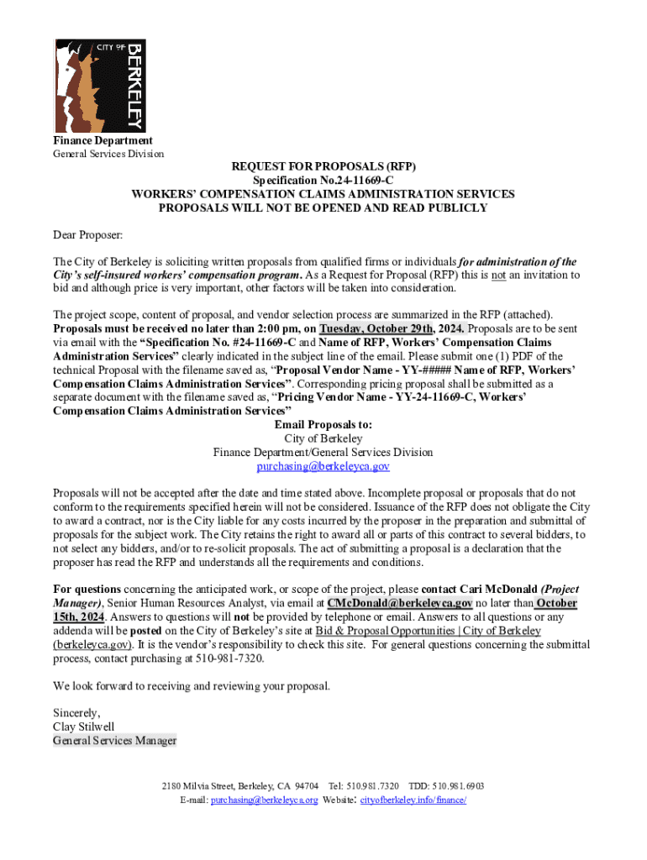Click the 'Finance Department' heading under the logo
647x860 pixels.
tap(103, 140)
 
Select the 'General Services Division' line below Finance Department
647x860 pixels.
tap(108, 154)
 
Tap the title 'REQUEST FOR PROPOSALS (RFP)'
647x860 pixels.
tap(323, 166)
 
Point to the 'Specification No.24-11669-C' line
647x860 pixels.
tap(323, 181)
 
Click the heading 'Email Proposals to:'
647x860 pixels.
tap(323, 425)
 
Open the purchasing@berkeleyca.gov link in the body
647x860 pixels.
tap(323, 466)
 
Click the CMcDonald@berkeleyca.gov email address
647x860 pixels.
tap(399, 603)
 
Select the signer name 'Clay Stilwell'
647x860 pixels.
tap(83, 726)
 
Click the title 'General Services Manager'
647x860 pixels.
tap(114, 741)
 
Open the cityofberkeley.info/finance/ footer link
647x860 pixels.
tap(413, 800)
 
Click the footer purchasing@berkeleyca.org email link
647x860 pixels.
tap(264, 800)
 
